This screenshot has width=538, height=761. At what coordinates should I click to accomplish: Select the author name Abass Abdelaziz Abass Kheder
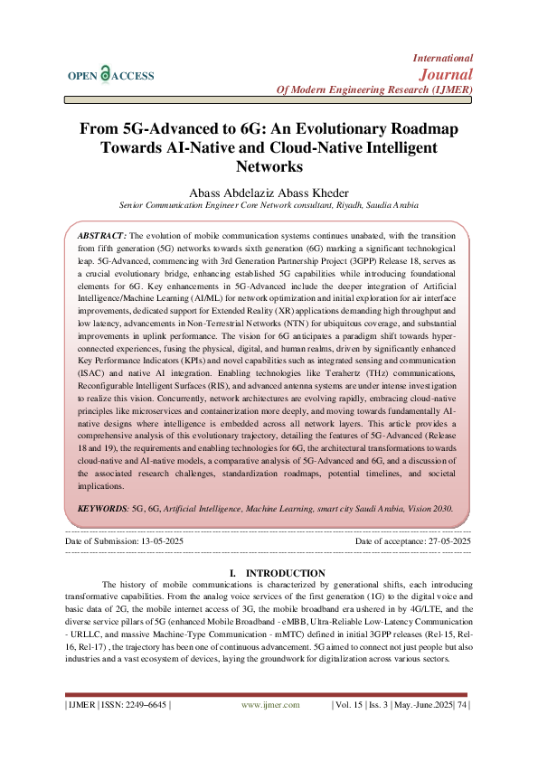point(269,193)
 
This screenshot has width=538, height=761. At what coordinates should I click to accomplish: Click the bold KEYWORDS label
point(102,509)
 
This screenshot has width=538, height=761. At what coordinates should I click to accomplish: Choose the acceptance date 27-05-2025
point(440,540)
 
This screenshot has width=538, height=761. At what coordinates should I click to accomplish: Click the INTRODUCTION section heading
point(285,573)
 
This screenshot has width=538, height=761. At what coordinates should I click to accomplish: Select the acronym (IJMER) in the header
point(443,90)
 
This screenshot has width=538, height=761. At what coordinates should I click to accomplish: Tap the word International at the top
point(443,57)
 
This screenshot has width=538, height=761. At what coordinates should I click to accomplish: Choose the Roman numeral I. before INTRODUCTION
point(235,573)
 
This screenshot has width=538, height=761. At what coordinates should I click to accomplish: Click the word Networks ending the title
point(269,167)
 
